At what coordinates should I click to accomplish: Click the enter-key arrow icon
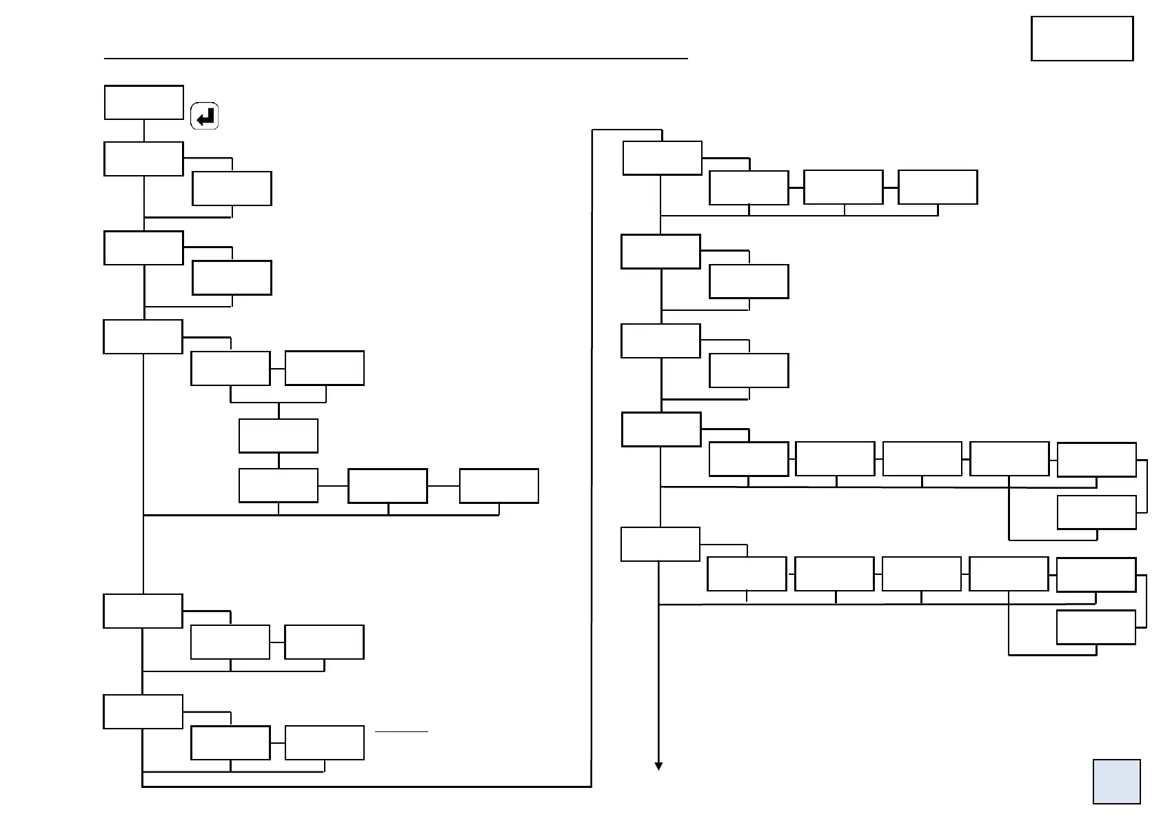pyautogui.click(x=204, y=116)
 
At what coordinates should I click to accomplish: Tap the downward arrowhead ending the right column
pyautogui.click(x=658, y=766)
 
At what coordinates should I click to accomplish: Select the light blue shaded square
pyautogui.click(x=1116, y=781)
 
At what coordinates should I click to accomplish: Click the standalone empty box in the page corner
pyautogui.click(x=1082, y=39)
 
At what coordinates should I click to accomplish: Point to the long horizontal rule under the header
pyautogui.click(x=396, y=59)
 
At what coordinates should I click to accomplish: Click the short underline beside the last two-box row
pyautogui.click(x=401, y=731)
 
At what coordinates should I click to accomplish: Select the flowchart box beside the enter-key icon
pyautogui.click(x=143, y=102)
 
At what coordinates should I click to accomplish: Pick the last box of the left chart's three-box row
pyautogui.click(x=498, y=486)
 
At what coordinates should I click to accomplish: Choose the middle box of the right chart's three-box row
pyautogui.click(x=843, y=187)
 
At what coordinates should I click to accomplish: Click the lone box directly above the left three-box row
pyautogui.click(x=278, y=436)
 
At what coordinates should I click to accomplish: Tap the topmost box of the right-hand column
pyautogui.click(x=662, y=158)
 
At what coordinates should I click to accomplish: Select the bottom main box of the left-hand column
pyautogui.click(x=143, y=711)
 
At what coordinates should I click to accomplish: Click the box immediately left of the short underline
pyautogui.click(x=324, y=742)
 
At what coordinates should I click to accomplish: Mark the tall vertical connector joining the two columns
pyautogui.click(x=592, y=455)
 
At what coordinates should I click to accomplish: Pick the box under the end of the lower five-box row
pyautogui.click(x=1096, y=627)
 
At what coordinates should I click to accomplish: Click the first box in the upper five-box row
pyautogui.click(x=748, y=459)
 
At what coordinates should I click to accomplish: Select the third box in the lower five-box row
pyautogui.click(x=921, y=574)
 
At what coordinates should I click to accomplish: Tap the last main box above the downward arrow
pyautogui.click(x=660, y=544)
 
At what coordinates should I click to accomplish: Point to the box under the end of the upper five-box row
pyautogui.click(x=1096, y=512)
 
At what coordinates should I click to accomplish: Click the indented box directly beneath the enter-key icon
pyautogui.click(x=232, y=188)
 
